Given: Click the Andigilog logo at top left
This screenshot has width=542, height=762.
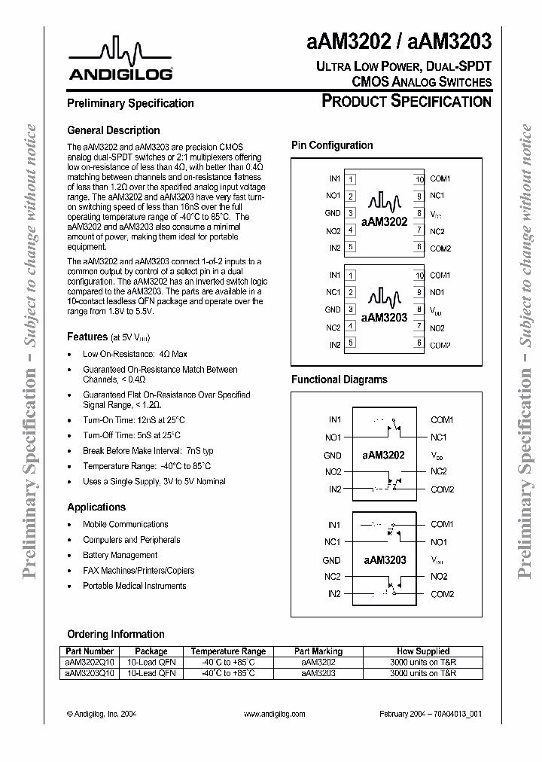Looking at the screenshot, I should (x=121, y=60).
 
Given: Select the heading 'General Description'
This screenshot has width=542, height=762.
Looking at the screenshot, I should (x=113, y=130).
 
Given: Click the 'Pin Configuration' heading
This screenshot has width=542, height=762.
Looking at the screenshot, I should (x=331, y=145).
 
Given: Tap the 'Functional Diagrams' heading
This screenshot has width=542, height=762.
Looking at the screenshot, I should (x=339, y=380).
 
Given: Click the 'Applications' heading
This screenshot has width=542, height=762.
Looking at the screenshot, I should (x=96, y=507).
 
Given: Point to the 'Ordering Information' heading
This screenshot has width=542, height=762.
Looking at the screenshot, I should (x=115, y=634).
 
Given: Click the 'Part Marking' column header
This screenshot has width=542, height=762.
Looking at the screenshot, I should (x=318, y=651).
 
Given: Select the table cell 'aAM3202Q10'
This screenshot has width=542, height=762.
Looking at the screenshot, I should (x=89, y=662).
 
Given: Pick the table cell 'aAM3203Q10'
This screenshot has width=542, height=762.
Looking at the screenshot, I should (x=89, y=673).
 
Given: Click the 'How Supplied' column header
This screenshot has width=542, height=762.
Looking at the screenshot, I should (x=422, y=651).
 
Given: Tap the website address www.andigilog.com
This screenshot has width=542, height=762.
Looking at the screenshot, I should (x=275, y=714).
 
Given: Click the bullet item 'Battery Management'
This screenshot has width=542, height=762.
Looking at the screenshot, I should (x=120, y=555).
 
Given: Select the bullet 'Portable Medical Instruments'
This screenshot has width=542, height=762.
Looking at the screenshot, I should (x=134, y=586).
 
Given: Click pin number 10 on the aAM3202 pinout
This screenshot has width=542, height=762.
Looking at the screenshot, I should (x=419, y=179).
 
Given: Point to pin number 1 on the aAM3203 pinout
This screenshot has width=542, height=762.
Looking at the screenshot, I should (x=351, y=276).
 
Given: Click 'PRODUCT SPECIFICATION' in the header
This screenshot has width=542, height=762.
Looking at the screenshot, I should (x=406, y=102).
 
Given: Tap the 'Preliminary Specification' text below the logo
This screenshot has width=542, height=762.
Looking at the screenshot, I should (x=130, y=103).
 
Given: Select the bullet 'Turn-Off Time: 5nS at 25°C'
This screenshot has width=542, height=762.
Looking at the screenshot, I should (x=132, y=435).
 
